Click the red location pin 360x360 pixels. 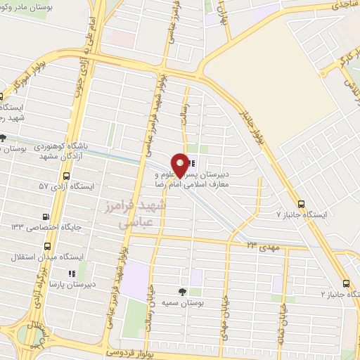click(181, 165)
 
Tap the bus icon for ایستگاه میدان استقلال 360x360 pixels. click(48, 247)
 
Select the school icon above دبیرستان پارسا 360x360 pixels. click(70, 274)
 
